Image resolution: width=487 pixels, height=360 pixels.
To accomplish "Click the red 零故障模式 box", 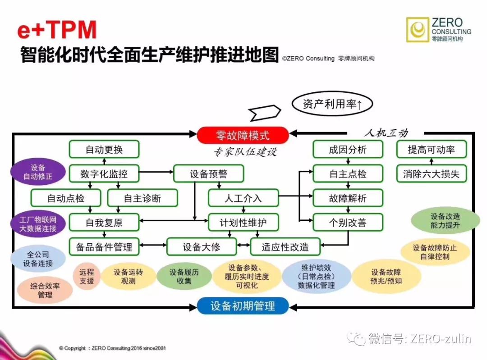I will click(x=243, y=135).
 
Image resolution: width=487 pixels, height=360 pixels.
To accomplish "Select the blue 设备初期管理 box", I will click(x=243, y=306).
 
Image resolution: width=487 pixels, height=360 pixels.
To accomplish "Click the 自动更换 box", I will click(x=104, y=150).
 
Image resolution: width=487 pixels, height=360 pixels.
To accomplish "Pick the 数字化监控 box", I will click(x=104, y=173).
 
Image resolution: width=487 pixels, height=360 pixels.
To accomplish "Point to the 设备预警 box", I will click(x=208, y=173).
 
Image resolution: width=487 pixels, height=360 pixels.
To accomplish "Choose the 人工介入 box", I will click(x=243, y=198).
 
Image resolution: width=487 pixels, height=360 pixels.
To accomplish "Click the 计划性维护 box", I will click(x=243, y=222).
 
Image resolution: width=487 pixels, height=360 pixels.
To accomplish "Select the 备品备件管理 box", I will click(x=104, y=246).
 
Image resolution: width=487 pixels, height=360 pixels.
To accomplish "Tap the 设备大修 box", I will click(x=202, y=246).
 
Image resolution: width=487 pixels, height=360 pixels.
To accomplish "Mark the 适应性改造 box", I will click(x=285, y=246).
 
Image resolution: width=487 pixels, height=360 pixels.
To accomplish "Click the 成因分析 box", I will click(x=348, y=150).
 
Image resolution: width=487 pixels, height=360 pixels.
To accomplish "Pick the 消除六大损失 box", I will click(x=431, y=173).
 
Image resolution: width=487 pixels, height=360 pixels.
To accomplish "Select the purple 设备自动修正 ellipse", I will click(x=38, y=172).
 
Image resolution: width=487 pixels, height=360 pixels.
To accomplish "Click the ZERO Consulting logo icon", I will click(x=418, y=30).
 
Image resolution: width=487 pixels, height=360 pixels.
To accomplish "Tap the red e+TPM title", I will click(x=57, y=30).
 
